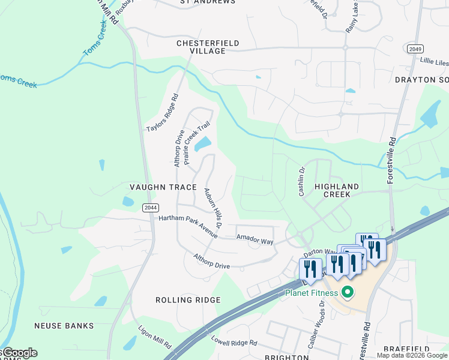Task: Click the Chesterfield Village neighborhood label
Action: point(208,47)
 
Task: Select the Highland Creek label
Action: point(337,191)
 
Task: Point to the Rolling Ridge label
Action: point(188,300)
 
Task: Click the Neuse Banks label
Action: point(64,326)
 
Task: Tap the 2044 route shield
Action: point(150,208)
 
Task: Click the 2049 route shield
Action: point(414,48)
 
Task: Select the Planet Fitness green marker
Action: point(346,293)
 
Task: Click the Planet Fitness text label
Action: point(310,293)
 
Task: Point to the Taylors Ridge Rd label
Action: point(163,113)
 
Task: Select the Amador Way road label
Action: point(255,240)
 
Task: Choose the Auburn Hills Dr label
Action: point(213,208)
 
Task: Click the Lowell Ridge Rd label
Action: point(234,340)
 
